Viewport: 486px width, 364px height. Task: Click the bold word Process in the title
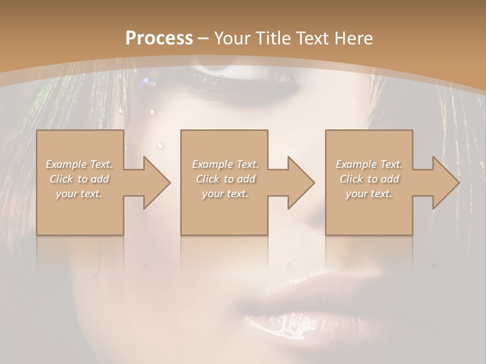coord(159,38)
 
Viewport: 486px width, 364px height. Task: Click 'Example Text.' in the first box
coord(79,164)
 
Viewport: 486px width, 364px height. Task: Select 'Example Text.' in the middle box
coord(225,164)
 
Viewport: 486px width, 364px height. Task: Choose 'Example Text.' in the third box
coord(369,164)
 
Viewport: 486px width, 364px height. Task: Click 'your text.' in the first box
coord(79,194)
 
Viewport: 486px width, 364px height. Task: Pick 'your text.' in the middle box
coord(225,194)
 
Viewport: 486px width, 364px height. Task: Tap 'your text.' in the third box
coord(369,194)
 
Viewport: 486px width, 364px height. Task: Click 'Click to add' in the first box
coord(79,179)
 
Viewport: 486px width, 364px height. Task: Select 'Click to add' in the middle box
coord(225,179)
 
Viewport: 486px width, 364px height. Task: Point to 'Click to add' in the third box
coord(369,179)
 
